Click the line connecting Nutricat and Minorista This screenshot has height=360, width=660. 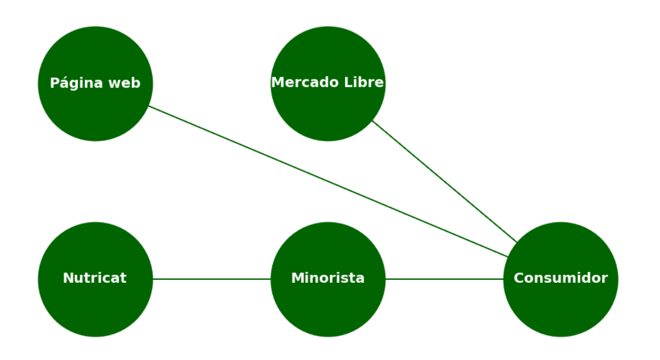pyautogui.click(x=211, y=279)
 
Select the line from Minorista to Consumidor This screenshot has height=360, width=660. pyautogui.click(x=444, y=279)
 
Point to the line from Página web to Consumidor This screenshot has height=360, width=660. pyautogui.click(x=328, y=181)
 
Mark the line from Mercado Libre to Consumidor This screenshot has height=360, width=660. pyautogui.click(x=445, y=181)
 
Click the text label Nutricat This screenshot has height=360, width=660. pyautogui.click(x=94, y=278)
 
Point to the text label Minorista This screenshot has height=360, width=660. pyautogui.click(x=328, y=278)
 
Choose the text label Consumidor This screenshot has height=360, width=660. pyautogui.click(x=560, y=278)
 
